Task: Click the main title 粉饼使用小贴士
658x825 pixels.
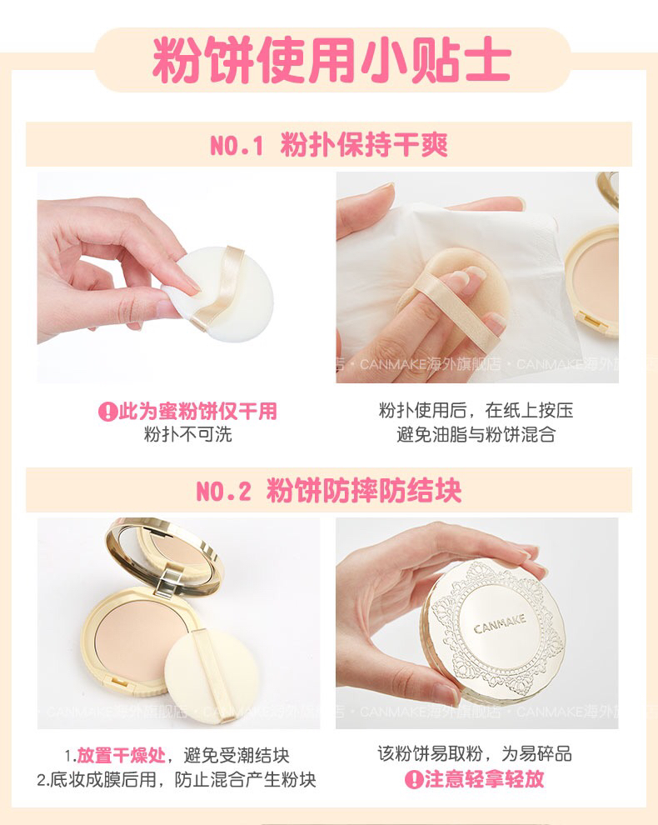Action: click(331, 59)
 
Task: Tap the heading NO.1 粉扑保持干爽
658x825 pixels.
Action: click(329, 145)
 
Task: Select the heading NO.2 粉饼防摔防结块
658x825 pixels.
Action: click(329, 491)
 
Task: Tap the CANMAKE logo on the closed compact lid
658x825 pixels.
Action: click(500, 624)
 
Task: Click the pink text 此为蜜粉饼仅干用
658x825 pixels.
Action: click(197, 411)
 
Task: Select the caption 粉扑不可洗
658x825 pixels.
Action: click(187, 435)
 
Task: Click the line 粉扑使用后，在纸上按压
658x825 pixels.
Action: click(476, 410)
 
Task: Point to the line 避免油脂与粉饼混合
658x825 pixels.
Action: click(476, 435)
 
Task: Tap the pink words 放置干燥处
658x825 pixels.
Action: click(121, 756)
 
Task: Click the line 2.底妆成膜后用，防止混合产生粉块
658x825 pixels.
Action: click(177, 779)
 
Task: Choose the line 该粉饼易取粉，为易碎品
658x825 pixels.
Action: click(475, 753)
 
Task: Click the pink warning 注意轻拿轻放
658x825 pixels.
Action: click(485, 778)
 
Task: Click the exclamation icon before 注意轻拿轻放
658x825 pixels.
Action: click(414, 779)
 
